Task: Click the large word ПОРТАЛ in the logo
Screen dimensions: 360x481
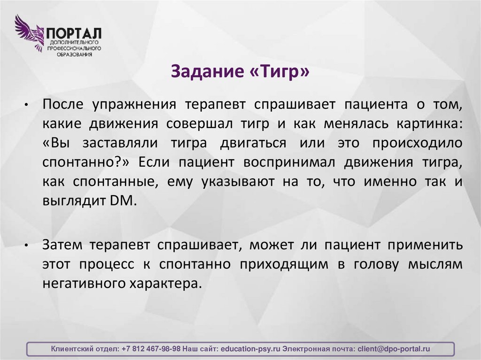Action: tap(73, 33)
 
